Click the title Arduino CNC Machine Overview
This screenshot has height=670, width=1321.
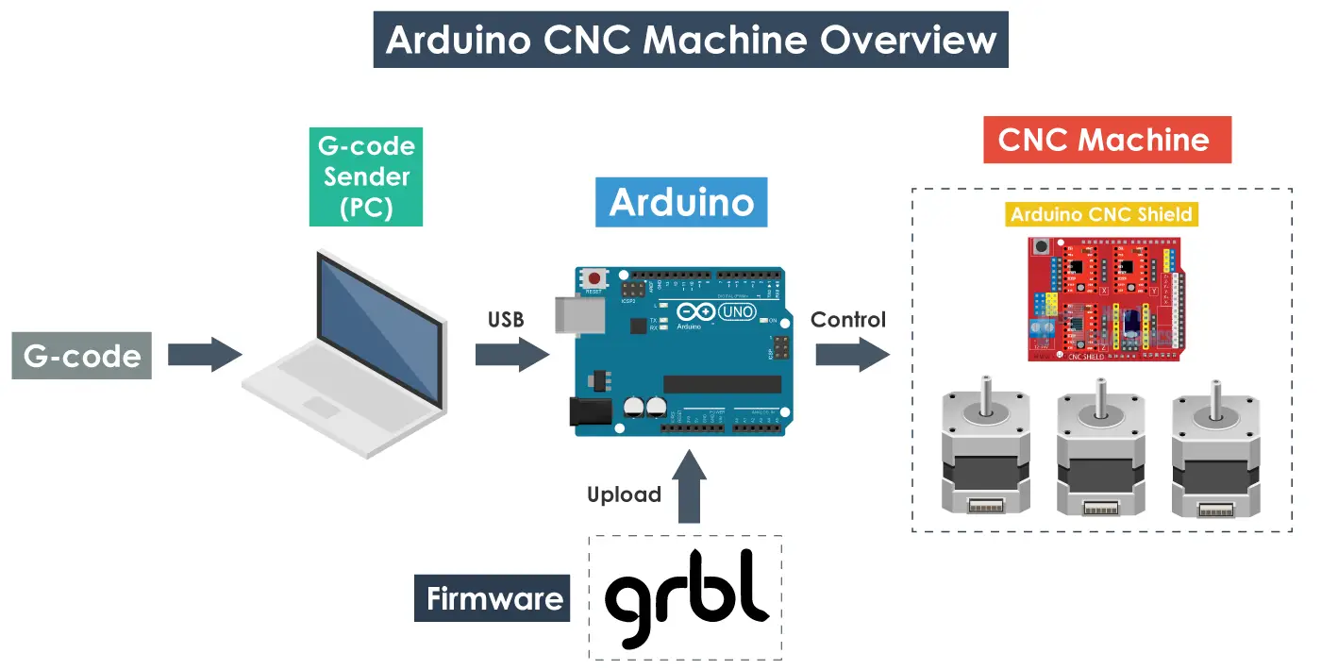point(691,40)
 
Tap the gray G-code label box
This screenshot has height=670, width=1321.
point(82,356)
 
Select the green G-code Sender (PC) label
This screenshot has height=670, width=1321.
point(365,176)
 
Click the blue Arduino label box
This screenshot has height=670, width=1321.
point(681,203)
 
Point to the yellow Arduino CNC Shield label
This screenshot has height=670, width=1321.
point(1101,214)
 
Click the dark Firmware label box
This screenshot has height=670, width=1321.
point(493,598)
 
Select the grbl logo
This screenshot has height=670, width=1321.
point(686,598)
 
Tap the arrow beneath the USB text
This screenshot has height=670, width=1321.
point(510,355)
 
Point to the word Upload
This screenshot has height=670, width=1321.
point(624,494)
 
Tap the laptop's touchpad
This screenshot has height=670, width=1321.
point(321,407)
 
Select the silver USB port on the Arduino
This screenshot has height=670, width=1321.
point(571,313)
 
